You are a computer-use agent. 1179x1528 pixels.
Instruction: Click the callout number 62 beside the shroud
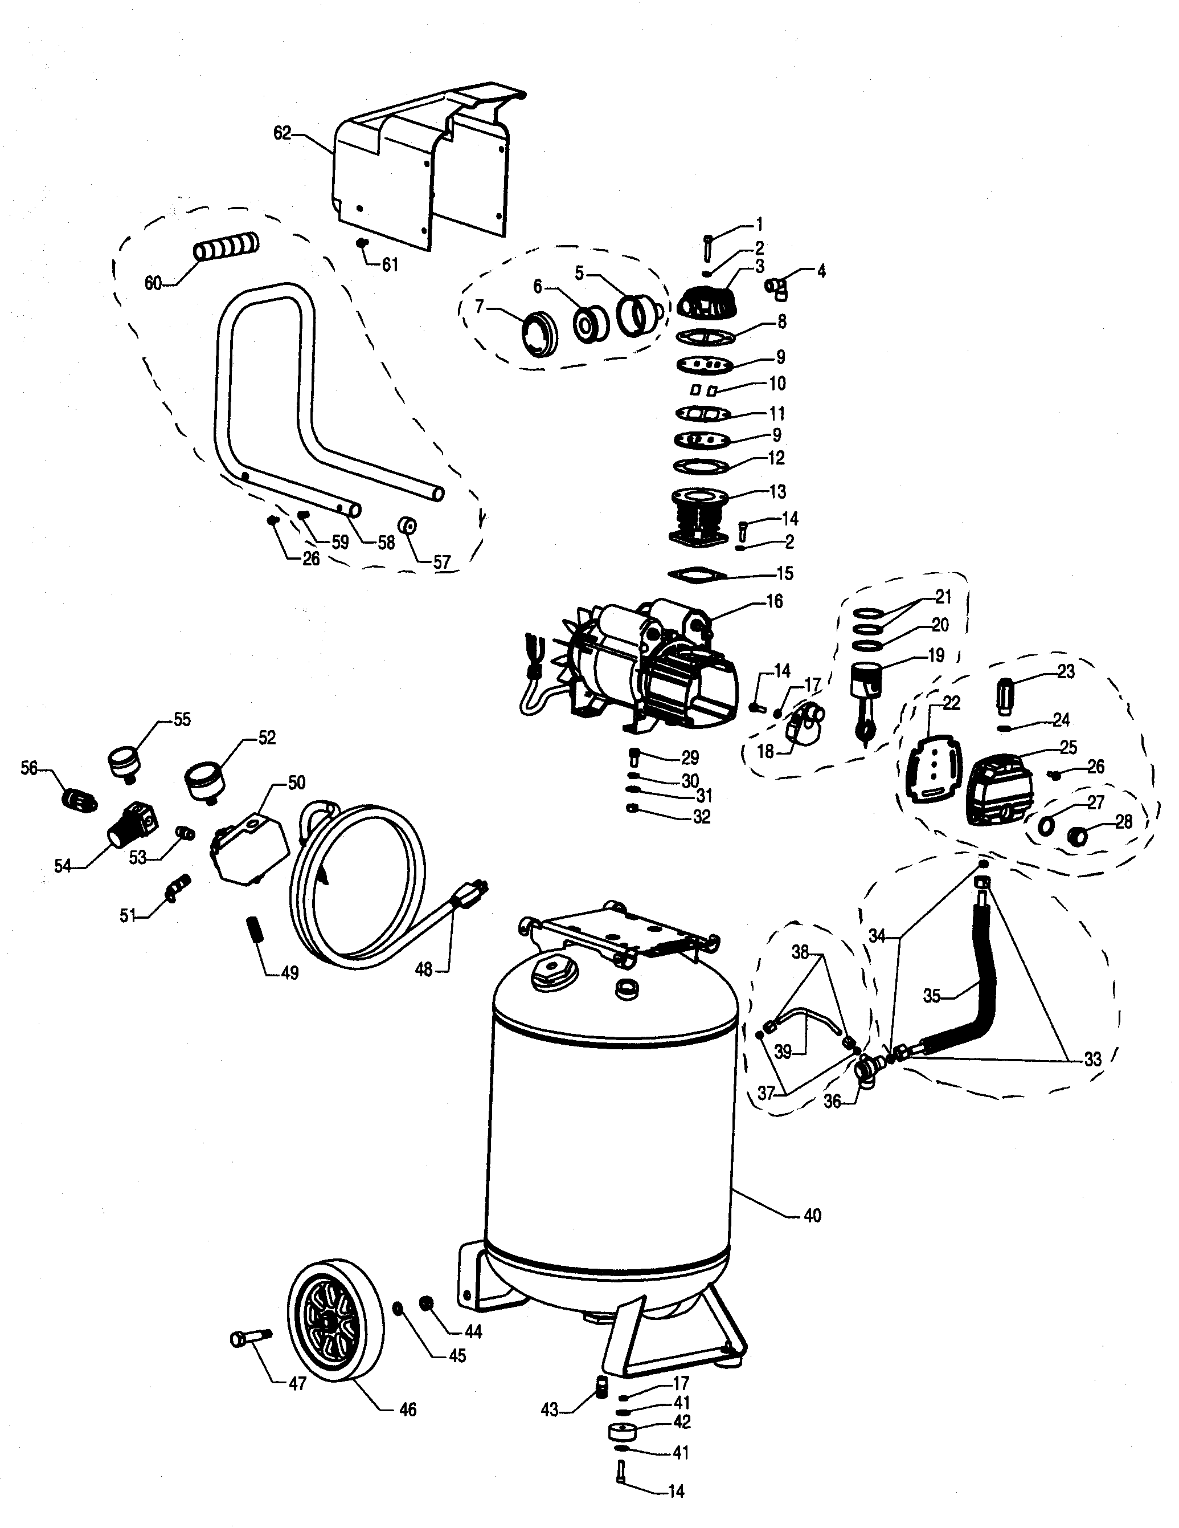click(282, 133)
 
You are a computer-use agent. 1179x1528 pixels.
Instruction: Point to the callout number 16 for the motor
click(775, 602)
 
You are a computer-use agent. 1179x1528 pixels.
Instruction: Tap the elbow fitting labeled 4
click(777, 288)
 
